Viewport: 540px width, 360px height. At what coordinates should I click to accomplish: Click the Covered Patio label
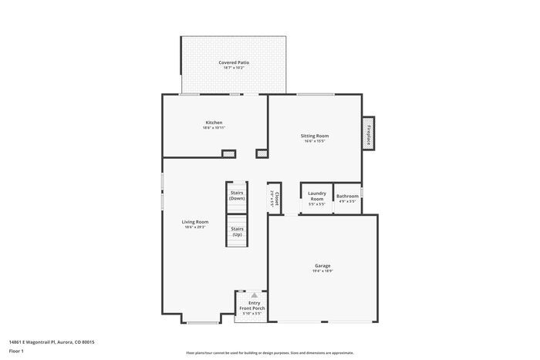tap(233, 62)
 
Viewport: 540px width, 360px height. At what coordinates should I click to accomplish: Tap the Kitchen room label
tap(214, 123)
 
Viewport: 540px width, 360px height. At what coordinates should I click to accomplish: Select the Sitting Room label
tap(315, 136)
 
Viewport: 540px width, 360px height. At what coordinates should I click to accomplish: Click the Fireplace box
tap(369, 134)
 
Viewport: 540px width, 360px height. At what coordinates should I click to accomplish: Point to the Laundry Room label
tap(317, 196)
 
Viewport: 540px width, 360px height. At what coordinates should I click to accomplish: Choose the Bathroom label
tap(347, 197)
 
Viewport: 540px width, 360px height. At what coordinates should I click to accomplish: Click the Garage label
tap(322, 266)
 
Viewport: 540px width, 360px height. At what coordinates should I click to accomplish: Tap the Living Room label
tap(195, 222)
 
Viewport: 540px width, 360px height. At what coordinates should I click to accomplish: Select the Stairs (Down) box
tap(237, 195)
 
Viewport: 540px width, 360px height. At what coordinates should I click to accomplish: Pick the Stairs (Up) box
tap(237, 230)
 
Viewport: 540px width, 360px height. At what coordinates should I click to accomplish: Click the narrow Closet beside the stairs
tap(272, 197)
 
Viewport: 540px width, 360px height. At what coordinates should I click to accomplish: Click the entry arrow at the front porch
tap(252, 295)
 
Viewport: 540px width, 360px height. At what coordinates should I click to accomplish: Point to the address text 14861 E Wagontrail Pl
tap(51, 341)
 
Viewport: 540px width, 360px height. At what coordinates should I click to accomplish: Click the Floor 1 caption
tap(17, 352)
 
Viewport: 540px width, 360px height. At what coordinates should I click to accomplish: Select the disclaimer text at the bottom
tap(270, 352)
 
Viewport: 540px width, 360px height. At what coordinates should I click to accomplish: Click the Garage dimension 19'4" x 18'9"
tap(322, 271)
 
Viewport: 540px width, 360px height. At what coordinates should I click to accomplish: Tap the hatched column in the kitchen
tap(228, 154)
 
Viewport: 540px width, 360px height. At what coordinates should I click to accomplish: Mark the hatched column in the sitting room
tap(262, 153)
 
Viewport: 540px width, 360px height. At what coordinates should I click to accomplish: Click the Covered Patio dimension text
tap(233, 68)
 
